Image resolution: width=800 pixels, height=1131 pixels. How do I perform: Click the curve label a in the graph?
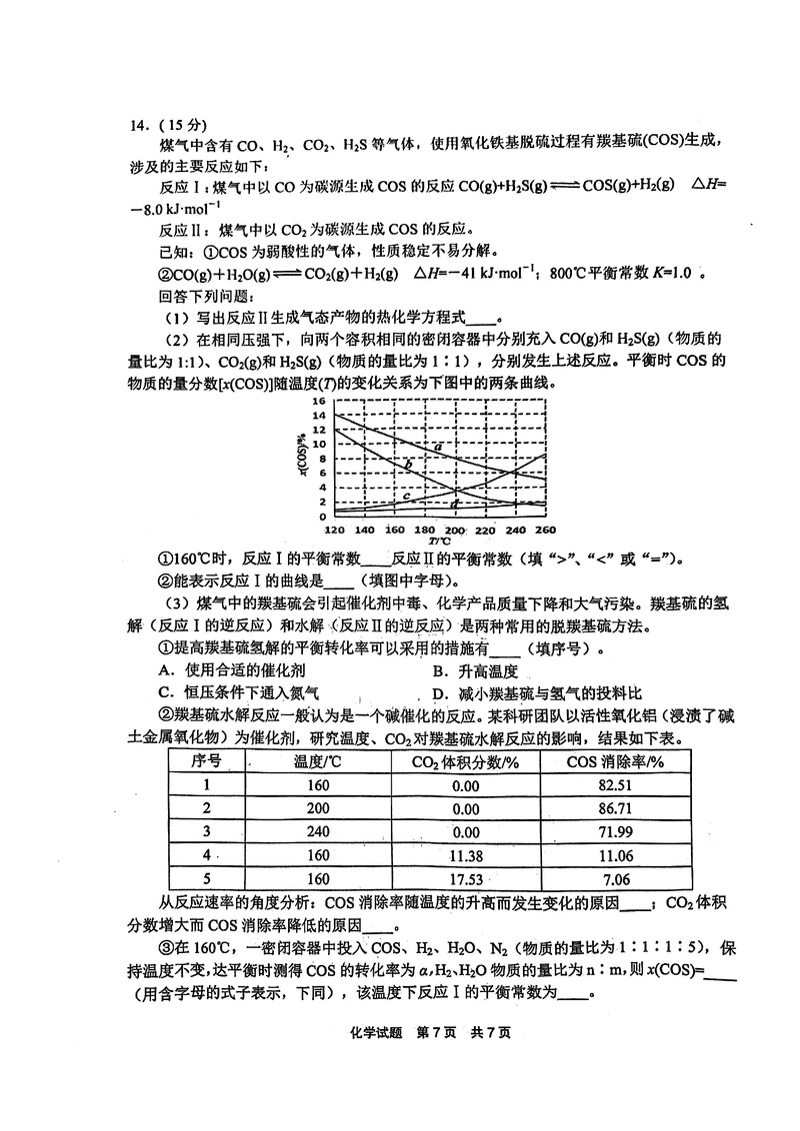coord(438,447)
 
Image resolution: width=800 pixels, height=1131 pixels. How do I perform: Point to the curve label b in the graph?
coord(409,466)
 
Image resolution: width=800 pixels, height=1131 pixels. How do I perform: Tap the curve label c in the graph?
coord(406,495)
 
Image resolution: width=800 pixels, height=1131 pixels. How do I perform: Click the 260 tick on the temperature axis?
coord(545,530)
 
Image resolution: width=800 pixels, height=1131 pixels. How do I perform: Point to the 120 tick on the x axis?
coord(334,530)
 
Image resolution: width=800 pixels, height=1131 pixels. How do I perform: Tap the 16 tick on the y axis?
coord(321,401)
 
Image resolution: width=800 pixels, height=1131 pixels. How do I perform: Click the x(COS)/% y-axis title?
coord(301,457)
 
